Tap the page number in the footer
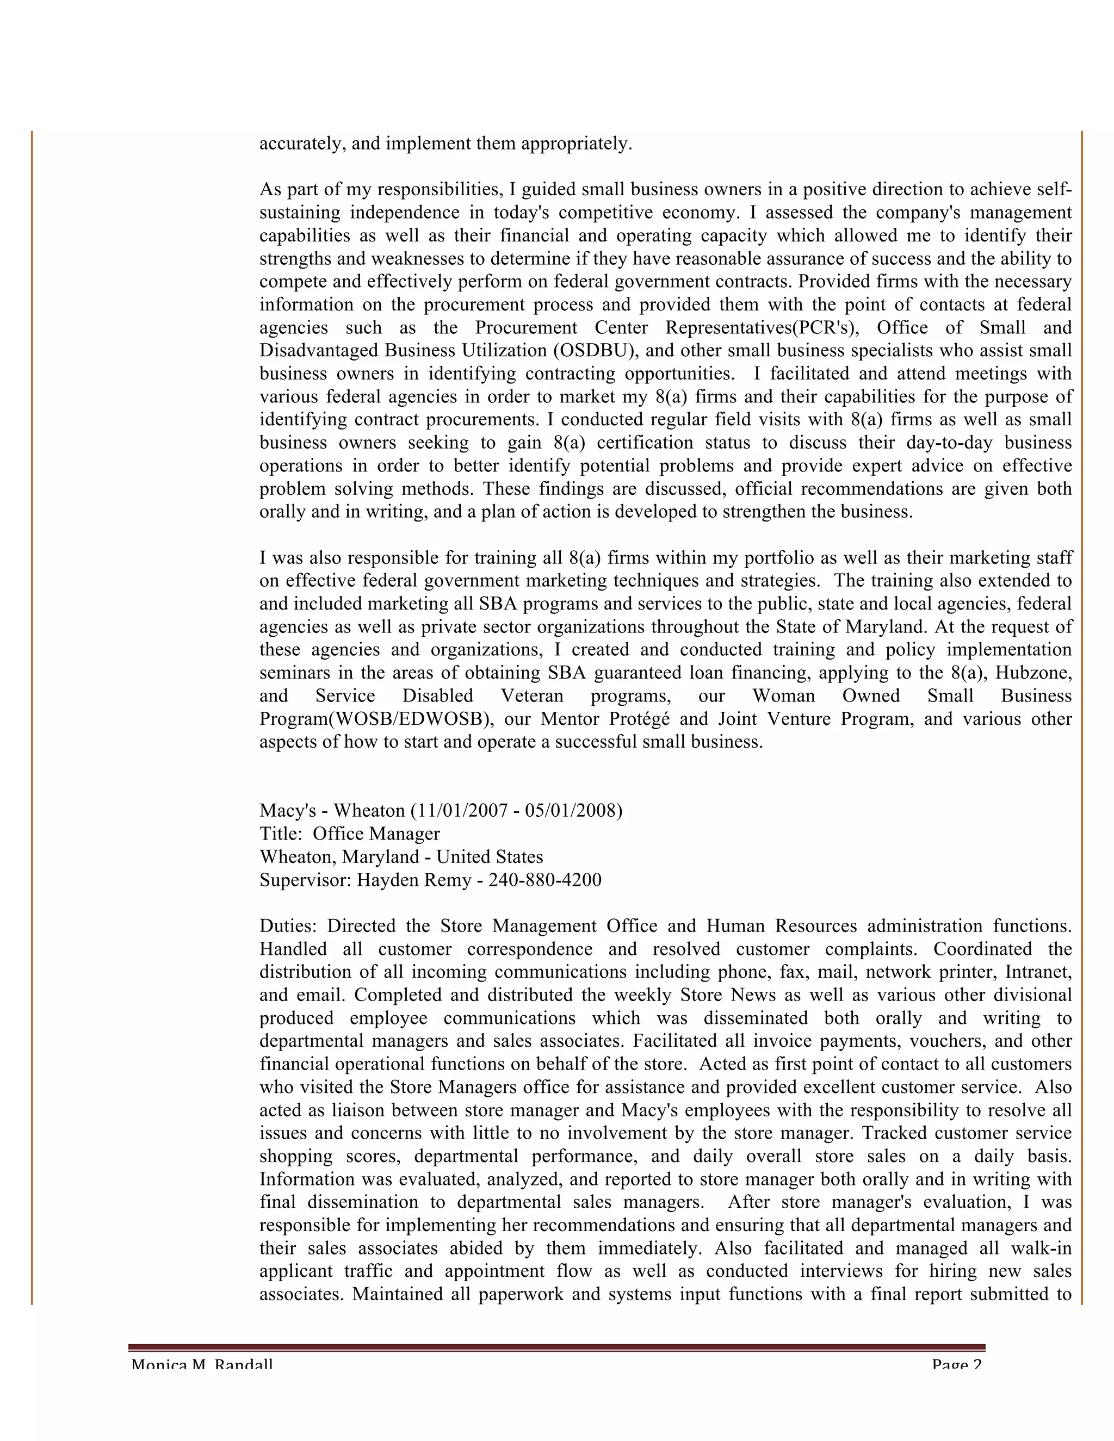[x=957, y=1364]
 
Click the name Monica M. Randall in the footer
[x=202, y=1364]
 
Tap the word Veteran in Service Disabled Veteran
[x=532, y=695]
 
